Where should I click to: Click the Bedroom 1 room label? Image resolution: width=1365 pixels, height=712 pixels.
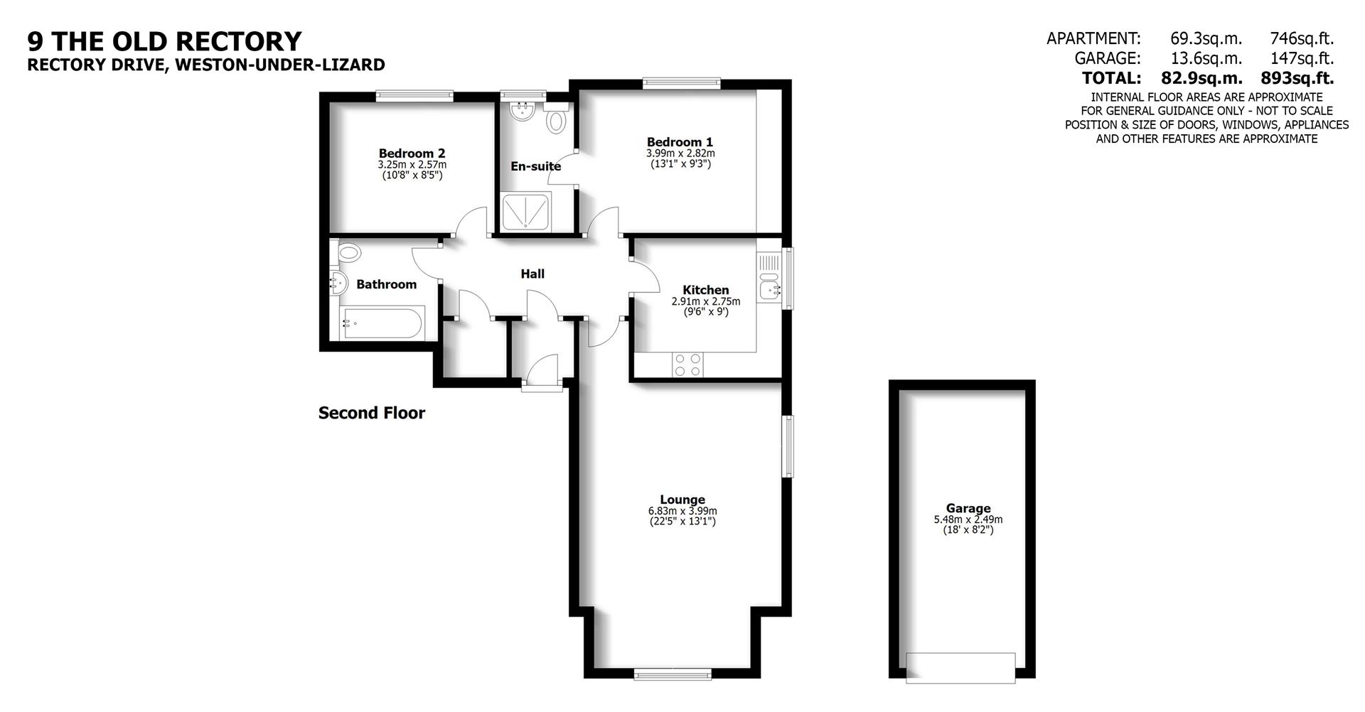pos(679,142)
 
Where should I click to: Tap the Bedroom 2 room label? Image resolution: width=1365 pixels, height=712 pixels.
pos(412,153)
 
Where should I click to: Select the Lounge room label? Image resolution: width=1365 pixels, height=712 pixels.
pos(682,500)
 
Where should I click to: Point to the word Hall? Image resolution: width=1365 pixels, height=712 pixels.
pos(532,274)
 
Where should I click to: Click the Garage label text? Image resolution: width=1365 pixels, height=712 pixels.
pos(968,508)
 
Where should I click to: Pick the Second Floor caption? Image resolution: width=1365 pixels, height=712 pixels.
pos(371,413)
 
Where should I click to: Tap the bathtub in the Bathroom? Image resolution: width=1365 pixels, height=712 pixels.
pos(382,324)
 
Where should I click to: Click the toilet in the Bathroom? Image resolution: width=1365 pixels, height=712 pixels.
pos(349,252)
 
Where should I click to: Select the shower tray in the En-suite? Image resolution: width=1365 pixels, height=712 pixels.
pos(526,212)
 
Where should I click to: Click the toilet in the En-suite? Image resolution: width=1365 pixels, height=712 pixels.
pos(555,120)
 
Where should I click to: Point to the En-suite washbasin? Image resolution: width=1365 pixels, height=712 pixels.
pos(523,111)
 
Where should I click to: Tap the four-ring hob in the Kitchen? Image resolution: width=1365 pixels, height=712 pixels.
pos(687,365)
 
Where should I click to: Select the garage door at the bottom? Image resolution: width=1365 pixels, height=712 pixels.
pos(960,667)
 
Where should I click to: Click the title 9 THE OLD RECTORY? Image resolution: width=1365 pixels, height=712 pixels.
pos(164,41)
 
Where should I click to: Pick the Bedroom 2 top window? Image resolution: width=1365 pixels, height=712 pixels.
pos(414,96)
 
